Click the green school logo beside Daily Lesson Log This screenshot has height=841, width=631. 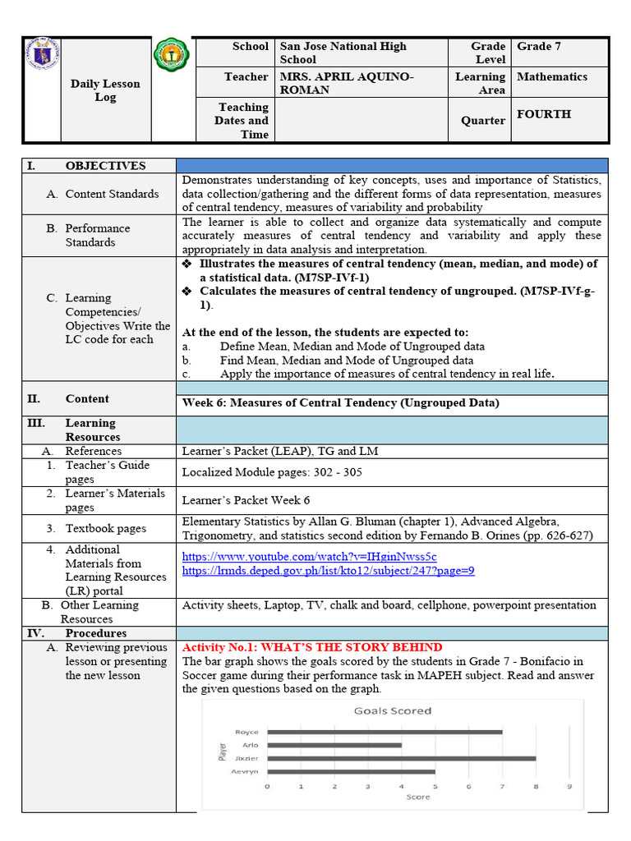coord(173,57)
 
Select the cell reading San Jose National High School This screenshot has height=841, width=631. coord(343,53)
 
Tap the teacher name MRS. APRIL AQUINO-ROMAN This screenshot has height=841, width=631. coord(347,83)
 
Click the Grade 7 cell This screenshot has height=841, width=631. coord(539,47)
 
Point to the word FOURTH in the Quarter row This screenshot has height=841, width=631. coord(543,114)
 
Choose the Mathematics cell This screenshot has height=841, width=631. coord(552,76)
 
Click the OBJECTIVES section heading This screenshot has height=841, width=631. coord(105,166)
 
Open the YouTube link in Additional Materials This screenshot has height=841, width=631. coord(309,557)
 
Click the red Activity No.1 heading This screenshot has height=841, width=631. coord(312,647)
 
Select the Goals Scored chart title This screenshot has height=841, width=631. coord(392,711)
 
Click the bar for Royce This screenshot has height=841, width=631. coord(385,732)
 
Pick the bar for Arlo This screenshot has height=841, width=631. coord(334,745)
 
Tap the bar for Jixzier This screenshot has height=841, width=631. coord(401,758)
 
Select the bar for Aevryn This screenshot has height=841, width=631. coord(351,771)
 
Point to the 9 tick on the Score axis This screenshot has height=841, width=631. coord(569,786)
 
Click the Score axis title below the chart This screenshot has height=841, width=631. coord(418,797)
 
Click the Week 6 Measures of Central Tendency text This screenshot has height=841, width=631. coord(340,402)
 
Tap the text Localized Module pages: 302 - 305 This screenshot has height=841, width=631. coord(272,472)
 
